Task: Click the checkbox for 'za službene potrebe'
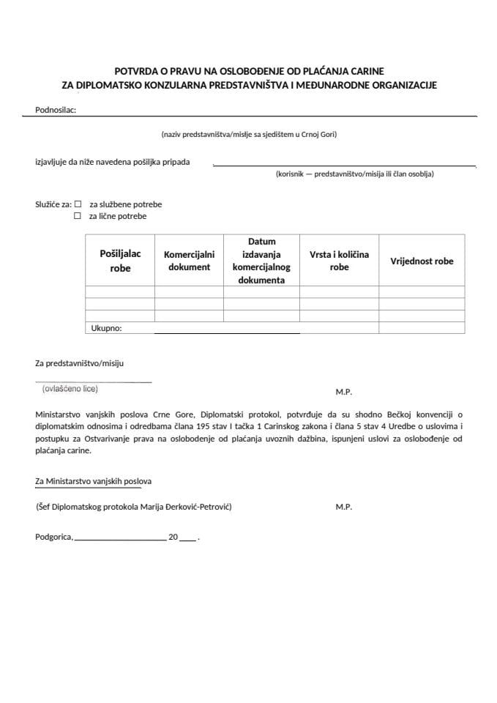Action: pyautogui.click(x=78, y=204)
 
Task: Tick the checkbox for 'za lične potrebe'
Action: pyautogui.click(x=78, y=216)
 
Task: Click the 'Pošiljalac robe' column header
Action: pyautogui.click(x=120, y=261)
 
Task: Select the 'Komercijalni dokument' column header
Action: pyautogui.click(x=189, y=261)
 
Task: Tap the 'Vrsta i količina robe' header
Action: pyautogui.click(x=339, y=261)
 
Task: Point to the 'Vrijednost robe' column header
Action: pyautogui.click(x=422, y=261)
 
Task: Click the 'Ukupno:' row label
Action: pyautogui.click(x=106, y=329)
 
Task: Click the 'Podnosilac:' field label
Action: pyautogui.click(x=56, y=111)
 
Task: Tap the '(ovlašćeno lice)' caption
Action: pyautogui.click(x=70, y=389)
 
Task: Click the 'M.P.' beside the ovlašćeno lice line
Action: pyautogui.click(x=344, y=393)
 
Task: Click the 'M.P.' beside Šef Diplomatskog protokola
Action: pyautogui.click(x=344, y=507)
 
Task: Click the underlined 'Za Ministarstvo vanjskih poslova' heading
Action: pyautogui.click(x=94, y=481)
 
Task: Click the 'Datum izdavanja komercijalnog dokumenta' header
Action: pyautogui.click(x=261, y=261)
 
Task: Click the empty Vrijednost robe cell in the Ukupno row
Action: pyautogui.click(x=422, y=329)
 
